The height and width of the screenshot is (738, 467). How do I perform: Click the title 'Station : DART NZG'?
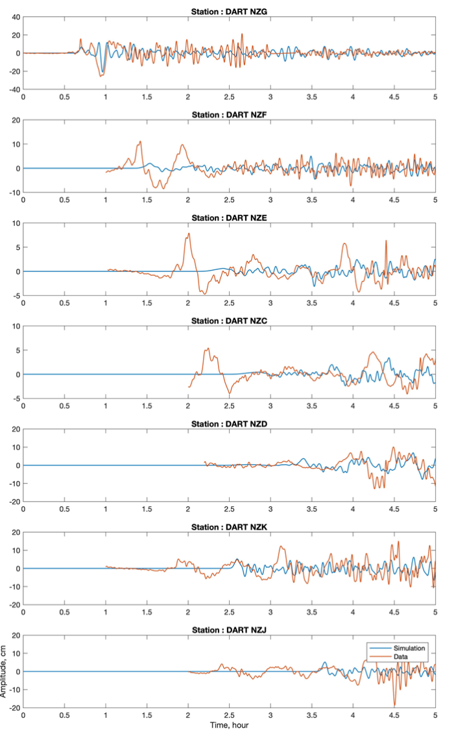coord(229,12)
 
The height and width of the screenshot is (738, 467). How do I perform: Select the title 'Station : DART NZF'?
coord(229,115)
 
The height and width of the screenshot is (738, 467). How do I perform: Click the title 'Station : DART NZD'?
coord(229,424)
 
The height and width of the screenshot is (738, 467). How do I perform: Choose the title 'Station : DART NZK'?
coord(229,527)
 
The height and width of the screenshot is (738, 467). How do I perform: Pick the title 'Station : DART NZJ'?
coord(229,630)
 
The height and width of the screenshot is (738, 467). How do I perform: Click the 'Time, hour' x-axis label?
coord(229,725)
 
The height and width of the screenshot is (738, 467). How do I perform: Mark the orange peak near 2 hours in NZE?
coord(189,234)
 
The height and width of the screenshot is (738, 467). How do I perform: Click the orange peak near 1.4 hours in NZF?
coord(139,141)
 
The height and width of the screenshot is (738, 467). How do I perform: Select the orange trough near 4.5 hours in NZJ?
coord(394,706)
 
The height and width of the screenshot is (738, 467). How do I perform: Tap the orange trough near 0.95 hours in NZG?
coord(101,77)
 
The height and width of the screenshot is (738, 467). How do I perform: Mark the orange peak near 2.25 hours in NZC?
coord(208,349)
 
